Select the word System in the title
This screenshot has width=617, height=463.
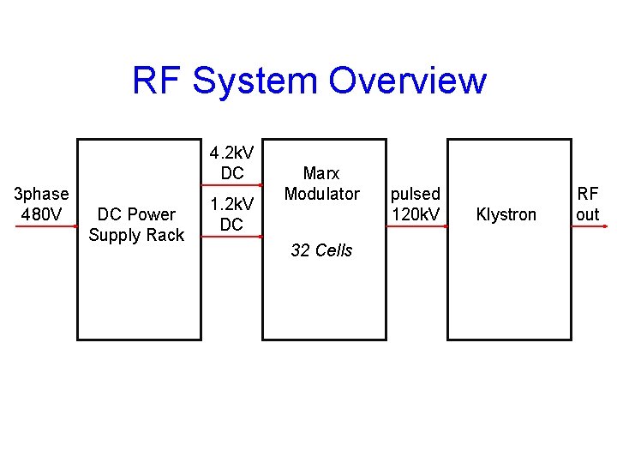click(256, 81)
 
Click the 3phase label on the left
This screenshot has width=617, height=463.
click(40, 194)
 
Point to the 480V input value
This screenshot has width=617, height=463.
click(40, 214)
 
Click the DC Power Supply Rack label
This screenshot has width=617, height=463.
click(136, 225)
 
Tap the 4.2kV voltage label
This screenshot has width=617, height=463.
click(231, 153)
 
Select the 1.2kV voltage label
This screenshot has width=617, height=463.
click(231, 204)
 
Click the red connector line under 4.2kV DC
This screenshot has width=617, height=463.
click(231, 184)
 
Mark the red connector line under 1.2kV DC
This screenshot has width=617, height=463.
click(231, 235)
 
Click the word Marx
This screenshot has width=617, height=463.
click(321, 173)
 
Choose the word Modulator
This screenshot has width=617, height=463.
click(321, 194)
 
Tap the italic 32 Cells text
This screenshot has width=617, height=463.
click(321, 250)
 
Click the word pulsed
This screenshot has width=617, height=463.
click(416, 194)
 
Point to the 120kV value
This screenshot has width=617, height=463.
click(416, 214)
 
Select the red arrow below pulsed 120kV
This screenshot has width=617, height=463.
click(416, 226)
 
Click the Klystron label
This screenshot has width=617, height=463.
click(506, 214)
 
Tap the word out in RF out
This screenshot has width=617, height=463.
click(588, 214)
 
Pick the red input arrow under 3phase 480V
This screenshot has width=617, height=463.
click(40, 226)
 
